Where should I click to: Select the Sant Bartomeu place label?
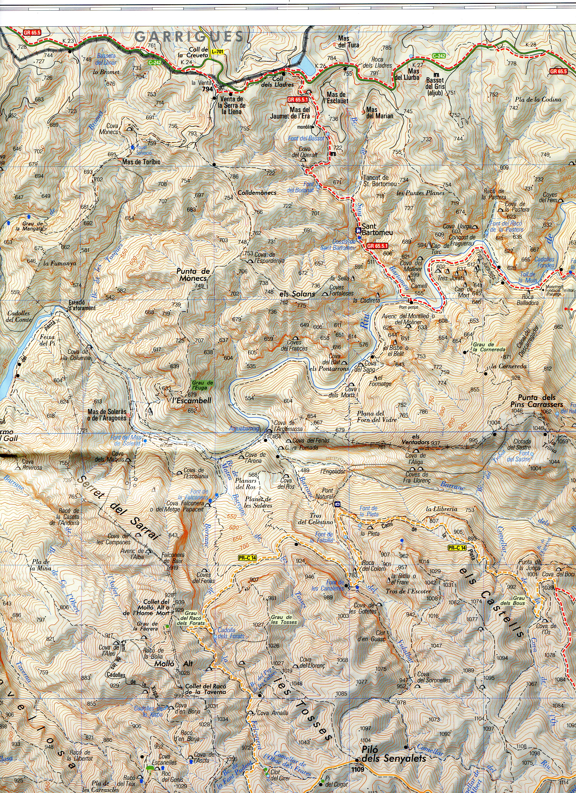tap(377, 229)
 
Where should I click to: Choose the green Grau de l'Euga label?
tap(202, 385)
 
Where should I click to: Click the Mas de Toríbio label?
tap(141, 162)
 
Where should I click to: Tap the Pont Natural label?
tap(328, 493)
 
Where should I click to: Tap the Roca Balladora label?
tap(527, 300)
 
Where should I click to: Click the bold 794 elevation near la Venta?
tap(207, 89)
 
